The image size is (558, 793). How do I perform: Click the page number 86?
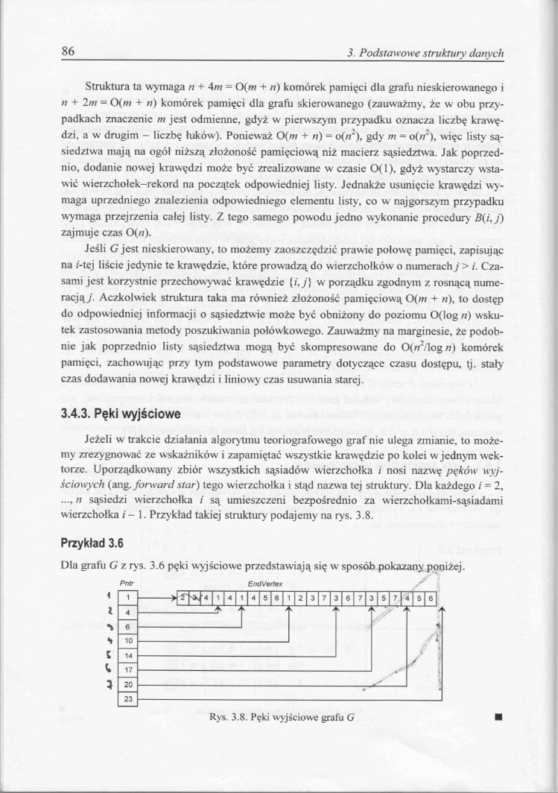point(69,52)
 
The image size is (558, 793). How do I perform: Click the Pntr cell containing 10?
point(127,639)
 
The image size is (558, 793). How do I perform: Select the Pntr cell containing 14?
point(127,654)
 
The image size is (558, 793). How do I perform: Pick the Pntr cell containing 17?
point(127,669)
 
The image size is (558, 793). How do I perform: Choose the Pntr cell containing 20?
point(127,683)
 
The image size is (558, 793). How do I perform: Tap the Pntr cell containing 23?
point(127,698)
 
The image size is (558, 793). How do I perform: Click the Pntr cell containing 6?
point(127,625)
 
